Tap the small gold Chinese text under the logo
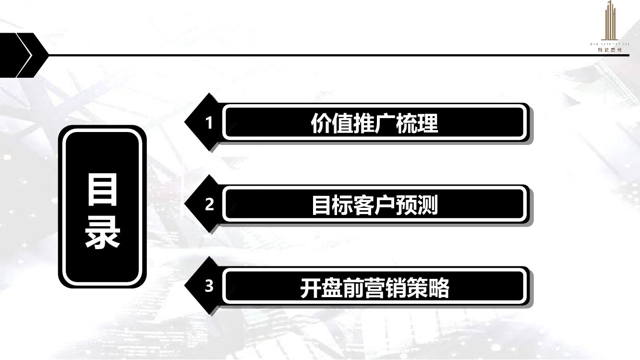click(609, 49)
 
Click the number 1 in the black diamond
click(209, 123)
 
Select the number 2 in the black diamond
click(209, 205)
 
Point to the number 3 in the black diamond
click(209, 287)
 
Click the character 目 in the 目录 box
click(102, 190)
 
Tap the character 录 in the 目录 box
click(102, 233)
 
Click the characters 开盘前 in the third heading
click(332, 288)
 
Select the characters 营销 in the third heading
click(385, 288)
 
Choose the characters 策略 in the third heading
click(427, 288)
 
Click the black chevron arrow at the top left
click(24, 55)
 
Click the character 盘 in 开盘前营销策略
click(332, 288)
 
